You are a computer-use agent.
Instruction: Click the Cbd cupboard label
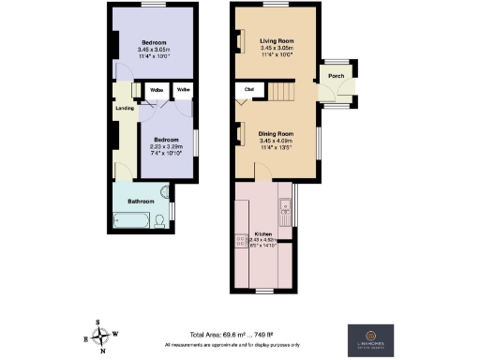(x=249, y=90)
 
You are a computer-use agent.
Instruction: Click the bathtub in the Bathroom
(x=131, y=221)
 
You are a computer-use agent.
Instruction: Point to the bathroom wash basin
(x=167, y=196)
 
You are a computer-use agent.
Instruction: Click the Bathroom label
(x=141, y=202)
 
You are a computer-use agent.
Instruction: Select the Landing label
(x=124, y=108)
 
